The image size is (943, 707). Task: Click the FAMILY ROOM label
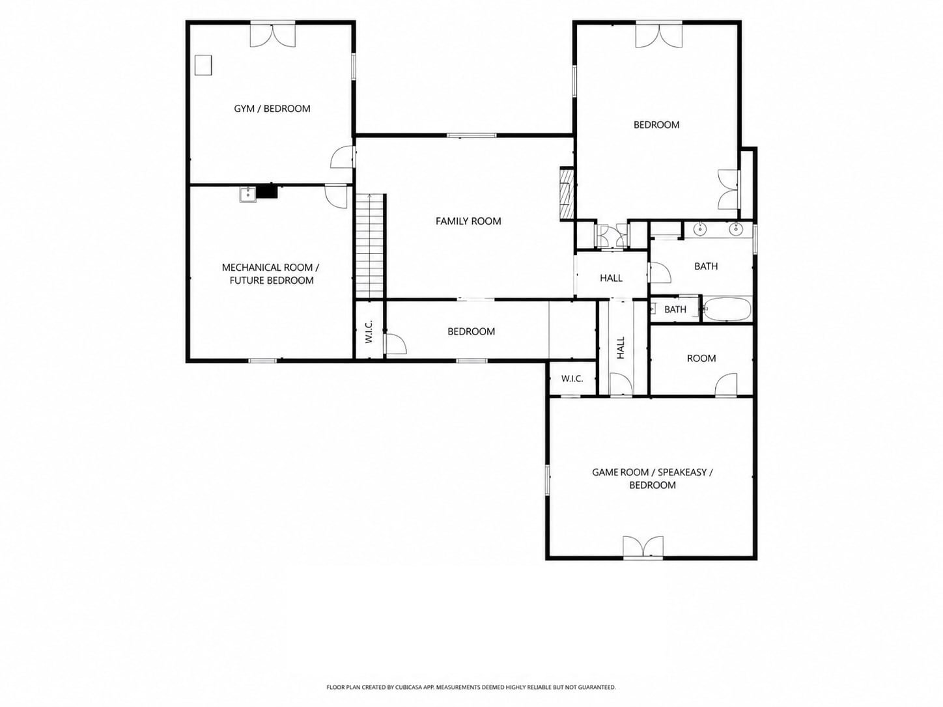tap(468, 221)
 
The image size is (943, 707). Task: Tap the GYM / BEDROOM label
tap(272, 109)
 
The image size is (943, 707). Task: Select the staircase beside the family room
tap(369, 245)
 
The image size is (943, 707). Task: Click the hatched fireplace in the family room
tap(567, 194)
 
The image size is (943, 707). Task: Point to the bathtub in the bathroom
tap(727, 309)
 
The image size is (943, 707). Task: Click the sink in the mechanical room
tap(248, 195)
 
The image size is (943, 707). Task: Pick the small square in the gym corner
tap(203, 65)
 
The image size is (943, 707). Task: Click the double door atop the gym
tap(273, 35)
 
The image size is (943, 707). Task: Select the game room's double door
tap(643, 548)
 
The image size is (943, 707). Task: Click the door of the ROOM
tap(726, 384)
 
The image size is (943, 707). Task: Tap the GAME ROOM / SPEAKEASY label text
tap(652, 473)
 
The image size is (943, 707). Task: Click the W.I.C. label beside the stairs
tap(369, 331)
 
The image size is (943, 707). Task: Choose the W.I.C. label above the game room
tap(572, 379)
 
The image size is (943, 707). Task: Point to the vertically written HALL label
tap(621, 348)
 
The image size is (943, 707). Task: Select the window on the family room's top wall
tap(471, 135)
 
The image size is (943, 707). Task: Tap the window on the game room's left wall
tap(548, 479)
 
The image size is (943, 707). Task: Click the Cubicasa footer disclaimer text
tap(471, 687)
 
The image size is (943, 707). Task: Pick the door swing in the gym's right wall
tap(343, 157)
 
